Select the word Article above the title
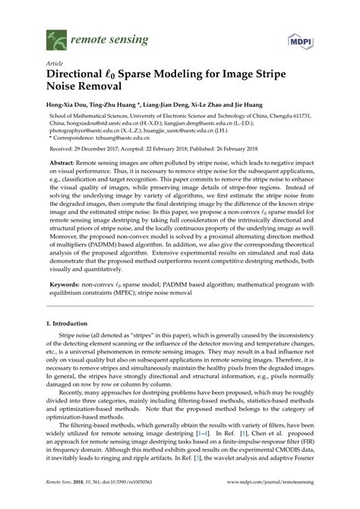(x=55, y=63)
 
